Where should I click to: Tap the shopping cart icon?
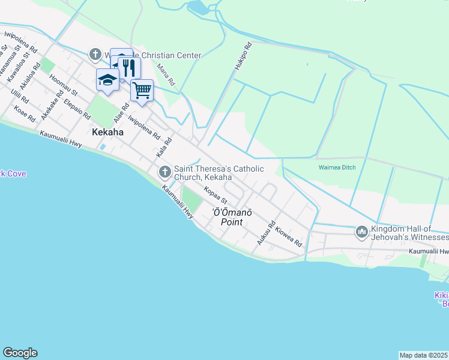(x=142, y=91)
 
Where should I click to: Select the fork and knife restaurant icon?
(x=129, y=67)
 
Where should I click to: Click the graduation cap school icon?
(x=107, y=80)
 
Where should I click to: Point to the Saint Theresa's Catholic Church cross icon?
(x=165, y=173)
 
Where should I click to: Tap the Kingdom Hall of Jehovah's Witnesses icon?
(x=362, y=232)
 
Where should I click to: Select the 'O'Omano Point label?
(x=231, y=217)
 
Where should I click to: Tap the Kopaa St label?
(x=215, y=196)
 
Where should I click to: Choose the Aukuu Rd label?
(x=266, y=232)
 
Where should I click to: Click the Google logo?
(x=20, y=353)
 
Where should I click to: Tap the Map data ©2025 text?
(x=423, y=355)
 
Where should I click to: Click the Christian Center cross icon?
(x=95, y=55)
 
